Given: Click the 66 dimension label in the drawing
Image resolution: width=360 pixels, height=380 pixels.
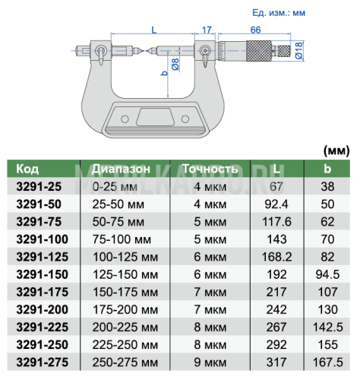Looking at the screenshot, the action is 255,30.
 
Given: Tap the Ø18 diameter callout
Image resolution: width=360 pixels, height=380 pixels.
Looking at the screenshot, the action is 299,51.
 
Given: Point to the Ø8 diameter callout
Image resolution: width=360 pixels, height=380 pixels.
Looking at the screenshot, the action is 175,65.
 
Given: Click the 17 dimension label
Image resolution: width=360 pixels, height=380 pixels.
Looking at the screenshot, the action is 207,30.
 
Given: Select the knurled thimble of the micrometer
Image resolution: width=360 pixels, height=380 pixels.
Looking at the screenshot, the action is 259,51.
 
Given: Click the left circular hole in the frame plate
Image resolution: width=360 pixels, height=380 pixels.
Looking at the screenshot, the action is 125,119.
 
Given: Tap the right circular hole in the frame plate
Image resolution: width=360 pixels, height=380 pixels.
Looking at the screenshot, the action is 185,119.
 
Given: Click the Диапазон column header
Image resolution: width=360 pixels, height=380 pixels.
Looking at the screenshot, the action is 121,169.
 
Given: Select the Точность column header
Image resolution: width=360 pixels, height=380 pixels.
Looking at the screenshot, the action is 210,169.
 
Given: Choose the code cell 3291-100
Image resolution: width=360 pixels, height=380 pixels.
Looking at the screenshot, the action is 43,239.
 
